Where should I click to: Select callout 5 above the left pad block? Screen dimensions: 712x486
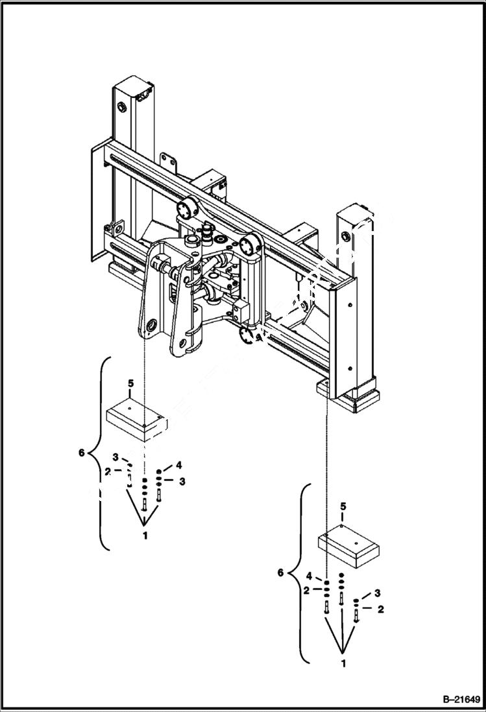130,384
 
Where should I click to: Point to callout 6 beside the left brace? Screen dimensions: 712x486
81,453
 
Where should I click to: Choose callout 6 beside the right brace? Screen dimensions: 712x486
280,573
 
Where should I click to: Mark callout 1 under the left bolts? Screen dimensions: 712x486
145,535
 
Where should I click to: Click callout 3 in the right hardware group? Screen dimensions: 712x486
378,593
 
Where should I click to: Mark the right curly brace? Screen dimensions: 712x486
302,573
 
